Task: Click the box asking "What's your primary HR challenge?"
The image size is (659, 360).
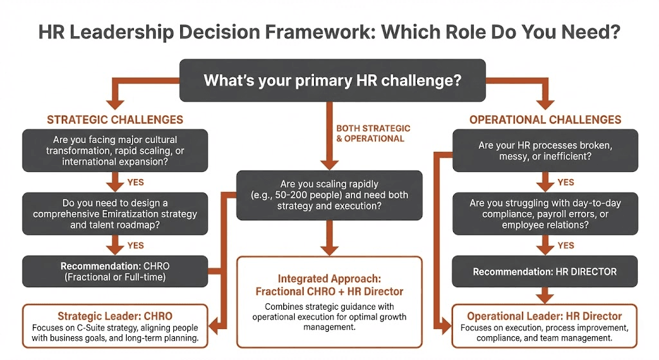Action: (x=332, y=81)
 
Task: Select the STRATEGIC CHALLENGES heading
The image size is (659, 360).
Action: (x=115, y=120)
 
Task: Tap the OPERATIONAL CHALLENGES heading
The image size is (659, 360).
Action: (x=545, y=120)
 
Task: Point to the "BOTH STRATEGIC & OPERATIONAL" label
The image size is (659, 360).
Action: (x=373, y=133)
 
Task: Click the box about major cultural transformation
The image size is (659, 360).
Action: (x=115, y=151)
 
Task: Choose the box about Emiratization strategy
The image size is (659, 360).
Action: (x=115, y=214)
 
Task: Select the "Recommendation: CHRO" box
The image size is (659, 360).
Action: (x=115, y=271)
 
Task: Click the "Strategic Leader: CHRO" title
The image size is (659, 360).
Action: (x=115, y=316)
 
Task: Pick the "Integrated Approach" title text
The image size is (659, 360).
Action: (x=329, y=279)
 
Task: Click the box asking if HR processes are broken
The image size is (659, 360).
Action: (x=545, y=151)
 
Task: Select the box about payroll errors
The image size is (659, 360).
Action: (x=545, y=214)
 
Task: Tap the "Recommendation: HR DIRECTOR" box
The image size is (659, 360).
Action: (x=545, y=271)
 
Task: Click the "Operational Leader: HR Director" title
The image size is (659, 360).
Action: (x=544, y=316)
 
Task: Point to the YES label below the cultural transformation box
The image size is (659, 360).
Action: (x=136, y=182)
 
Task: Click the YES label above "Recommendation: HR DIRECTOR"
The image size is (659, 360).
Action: (x=566, y=245)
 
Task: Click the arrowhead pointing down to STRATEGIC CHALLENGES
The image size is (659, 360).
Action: (x=115, y=102)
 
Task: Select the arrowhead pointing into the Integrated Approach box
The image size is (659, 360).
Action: (x=329, y=249)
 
